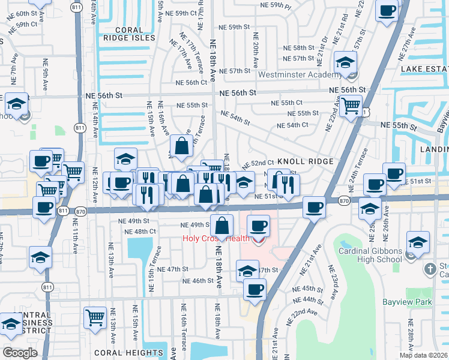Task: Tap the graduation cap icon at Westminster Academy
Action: [346, 62]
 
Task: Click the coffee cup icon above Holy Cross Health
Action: [258, 226]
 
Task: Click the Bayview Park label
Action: [408, 303]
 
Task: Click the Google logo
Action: [20, 352]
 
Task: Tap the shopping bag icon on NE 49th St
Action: [222, 226]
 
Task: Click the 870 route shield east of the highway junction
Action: [343, 200]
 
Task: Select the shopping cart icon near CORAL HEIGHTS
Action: [95, 317]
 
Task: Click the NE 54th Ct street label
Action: [292, 125]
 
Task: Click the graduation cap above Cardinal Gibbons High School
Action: [417, 242]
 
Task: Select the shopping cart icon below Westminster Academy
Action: [351, 106]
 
